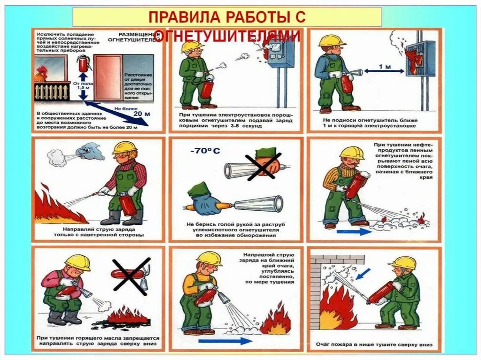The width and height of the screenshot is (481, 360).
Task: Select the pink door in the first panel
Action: click(108, 77)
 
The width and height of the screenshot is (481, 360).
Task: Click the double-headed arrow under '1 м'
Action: click(384, 71)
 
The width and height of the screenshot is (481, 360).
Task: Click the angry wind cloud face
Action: click(89, 151)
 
